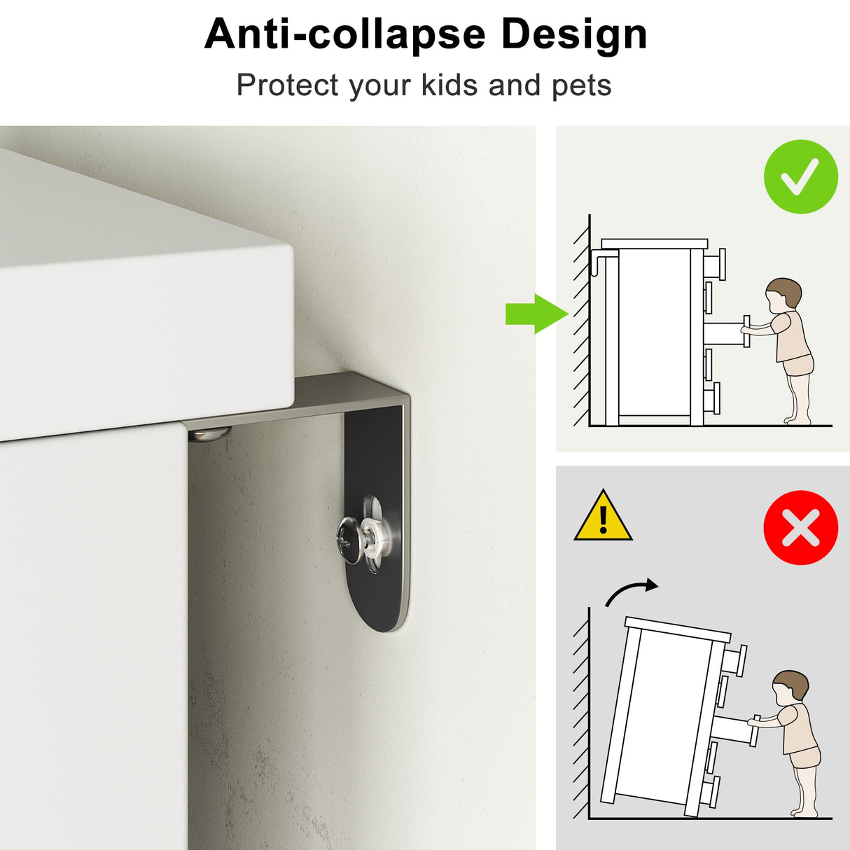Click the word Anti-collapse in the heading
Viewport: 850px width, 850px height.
tap(344, 34)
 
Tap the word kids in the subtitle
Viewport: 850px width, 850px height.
tap(450, 84)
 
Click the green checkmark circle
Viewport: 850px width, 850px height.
tap(800, 176)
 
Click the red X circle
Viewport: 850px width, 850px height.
tap(800, 527)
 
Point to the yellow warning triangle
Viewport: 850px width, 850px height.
tap(603, 517)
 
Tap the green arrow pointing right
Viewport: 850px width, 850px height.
tap(537, 314)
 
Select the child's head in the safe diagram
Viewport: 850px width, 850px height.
tap(783, 295)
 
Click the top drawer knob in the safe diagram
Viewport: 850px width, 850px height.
tap(716, 264)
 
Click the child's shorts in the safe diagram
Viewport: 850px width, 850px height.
tap(797, 365)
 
